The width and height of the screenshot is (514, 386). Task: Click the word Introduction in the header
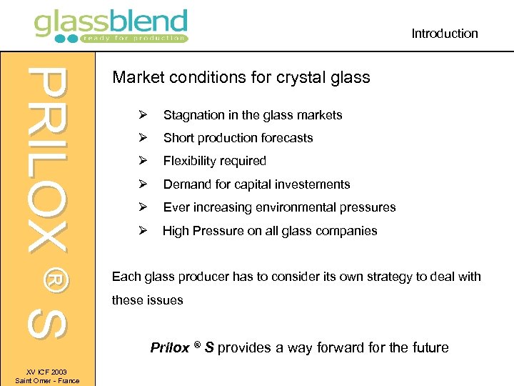click(444, 34)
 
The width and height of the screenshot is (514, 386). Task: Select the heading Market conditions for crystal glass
click(241, 77)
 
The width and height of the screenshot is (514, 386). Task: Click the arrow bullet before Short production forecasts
click(143, 138)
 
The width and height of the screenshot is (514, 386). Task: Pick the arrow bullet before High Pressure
click(143, 231)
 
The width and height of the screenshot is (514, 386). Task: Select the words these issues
click(148, 300)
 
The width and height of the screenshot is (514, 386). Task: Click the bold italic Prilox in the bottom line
click(169, 348)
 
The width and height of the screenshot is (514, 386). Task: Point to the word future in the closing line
click(429, 348)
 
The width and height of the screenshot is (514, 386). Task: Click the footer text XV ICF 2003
click(47, 372)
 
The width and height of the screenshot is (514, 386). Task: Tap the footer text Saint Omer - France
click(47, 380)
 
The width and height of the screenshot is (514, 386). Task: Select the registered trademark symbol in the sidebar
click(49, 277)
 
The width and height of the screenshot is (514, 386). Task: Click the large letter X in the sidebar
click(47, 229)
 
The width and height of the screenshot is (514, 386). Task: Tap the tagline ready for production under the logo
click(133, 38)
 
